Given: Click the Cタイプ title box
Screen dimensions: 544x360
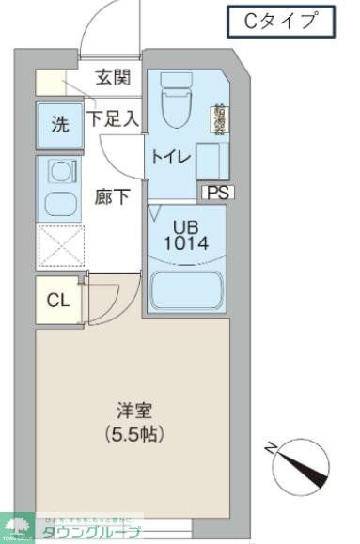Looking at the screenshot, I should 281,20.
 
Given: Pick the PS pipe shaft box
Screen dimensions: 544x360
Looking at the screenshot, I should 215,193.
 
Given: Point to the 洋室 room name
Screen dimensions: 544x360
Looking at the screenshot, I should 134,412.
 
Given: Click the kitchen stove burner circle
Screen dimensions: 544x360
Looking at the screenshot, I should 59,172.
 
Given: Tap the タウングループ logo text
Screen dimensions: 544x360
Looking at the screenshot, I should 90,533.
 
